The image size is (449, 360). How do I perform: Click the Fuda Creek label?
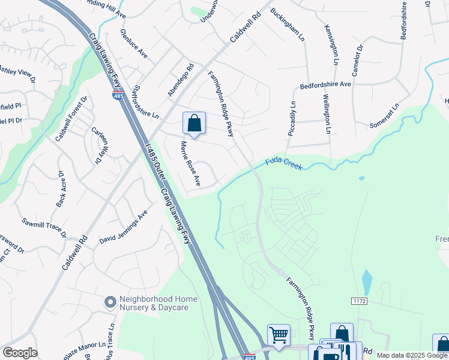click(285, 163)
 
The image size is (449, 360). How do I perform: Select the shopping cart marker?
click(279, 335)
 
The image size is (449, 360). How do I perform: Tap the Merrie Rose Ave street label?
click(190, 163)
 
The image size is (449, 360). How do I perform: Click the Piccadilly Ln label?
click(292, 118)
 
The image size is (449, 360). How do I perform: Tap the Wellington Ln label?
click(327, 113)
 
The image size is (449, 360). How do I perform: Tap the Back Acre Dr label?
click(61, 189)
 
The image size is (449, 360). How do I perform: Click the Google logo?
click(20, 353)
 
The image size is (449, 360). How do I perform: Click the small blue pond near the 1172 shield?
click(367, 280)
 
